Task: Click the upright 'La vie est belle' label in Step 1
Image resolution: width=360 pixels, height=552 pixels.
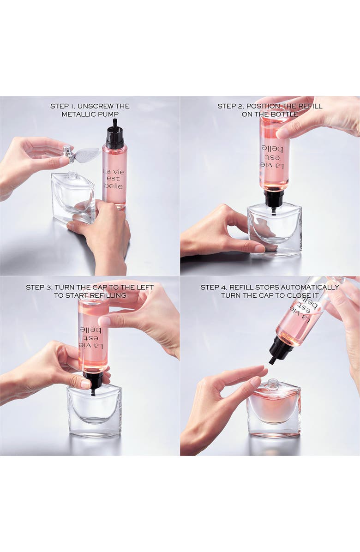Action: pos(113,179)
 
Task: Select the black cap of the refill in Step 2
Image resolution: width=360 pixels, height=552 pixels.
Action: pos(274,200)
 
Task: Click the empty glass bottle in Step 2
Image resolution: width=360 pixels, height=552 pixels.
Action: pos(274,229)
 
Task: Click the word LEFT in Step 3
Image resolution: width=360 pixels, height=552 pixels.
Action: pos(143,287)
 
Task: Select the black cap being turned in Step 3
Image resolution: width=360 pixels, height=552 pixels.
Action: pos(94,380)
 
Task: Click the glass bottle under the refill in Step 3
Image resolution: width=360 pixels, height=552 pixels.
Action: pos(94,411)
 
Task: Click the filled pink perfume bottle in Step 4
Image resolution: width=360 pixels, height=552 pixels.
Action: pos(273,408)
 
